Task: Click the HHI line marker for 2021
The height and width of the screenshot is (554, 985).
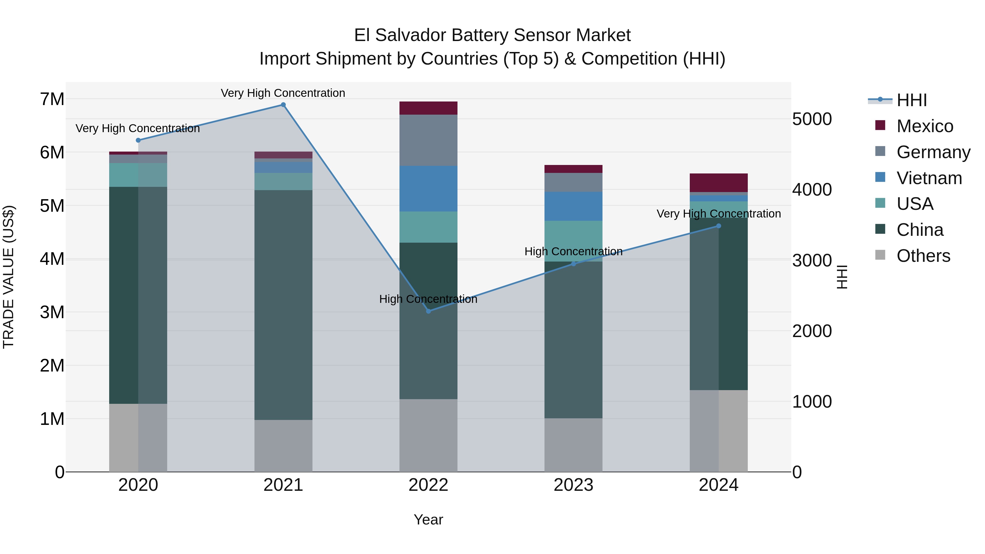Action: pos(283,105)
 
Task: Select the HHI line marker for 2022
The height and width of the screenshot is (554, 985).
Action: pos(428,311)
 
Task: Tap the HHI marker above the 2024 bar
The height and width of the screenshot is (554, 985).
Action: pos(719,226)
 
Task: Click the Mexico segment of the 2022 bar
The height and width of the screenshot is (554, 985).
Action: pos(428,108)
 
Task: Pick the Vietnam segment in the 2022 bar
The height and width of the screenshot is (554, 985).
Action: pos(428,188)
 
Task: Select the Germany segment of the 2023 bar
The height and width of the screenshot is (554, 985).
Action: pos(573,182)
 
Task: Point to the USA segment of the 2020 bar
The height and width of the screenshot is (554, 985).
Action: pos(138,175)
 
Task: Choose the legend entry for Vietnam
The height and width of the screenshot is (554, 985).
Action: pos(929,178)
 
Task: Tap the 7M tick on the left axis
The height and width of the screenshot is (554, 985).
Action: pos(52,99)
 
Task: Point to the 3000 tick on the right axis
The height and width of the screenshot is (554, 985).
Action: pos(812,261)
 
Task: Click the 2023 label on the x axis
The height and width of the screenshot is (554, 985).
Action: pos(573,485)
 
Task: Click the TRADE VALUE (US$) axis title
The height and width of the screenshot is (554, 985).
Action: pos(8,277)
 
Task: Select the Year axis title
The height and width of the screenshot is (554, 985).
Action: pos(428,520)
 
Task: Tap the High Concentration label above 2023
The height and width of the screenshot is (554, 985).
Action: pos(573,252)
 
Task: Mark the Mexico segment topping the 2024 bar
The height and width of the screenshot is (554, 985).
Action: pos(719,183)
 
